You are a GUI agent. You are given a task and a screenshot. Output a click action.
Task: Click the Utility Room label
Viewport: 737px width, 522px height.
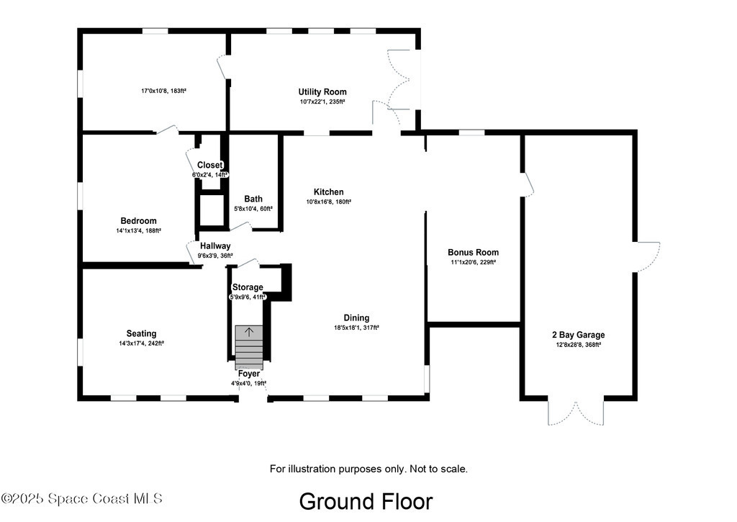click(322, 92)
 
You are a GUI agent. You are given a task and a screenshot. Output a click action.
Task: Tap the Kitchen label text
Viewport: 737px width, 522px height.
click(328, 192)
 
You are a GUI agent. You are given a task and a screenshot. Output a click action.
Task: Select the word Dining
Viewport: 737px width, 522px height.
click(356, 318)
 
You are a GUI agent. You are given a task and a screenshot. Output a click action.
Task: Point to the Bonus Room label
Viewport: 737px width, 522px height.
click(474, 253)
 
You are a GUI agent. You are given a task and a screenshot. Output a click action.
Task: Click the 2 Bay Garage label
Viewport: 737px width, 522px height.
click(578, 335)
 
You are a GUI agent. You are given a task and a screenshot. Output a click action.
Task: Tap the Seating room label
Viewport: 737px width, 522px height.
click(142, 334)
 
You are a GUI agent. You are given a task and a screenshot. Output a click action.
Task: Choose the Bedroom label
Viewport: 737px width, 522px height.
click(139, 221)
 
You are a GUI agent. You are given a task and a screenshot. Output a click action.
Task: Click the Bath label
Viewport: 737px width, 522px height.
click(253, 199)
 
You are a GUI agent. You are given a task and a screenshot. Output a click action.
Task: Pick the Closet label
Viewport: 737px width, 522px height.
click(209, 165)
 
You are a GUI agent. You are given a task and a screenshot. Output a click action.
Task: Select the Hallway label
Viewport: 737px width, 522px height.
click(215, 246)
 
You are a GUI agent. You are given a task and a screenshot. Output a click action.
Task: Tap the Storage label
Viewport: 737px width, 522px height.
click(248, 287)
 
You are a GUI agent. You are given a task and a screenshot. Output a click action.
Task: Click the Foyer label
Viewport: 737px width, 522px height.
click(248, 374)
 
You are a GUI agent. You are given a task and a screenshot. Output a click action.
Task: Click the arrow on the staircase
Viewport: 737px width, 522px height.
click(249, 332)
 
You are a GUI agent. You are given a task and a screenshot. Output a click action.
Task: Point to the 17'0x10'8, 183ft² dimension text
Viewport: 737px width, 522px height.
click(163, 91)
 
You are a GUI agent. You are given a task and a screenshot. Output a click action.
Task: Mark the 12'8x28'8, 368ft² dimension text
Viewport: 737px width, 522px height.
click(578, 345)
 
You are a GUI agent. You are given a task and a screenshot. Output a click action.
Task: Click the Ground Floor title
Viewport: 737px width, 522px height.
click(366, 501)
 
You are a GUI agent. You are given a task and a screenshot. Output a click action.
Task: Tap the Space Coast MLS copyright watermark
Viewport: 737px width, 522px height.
click(81, 498)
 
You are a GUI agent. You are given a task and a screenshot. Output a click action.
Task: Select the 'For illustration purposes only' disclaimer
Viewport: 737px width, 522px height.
click(368, 469)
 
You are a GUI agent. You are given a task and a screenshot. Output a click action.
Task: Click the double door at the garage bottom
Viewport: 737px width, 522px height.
click(576, 413)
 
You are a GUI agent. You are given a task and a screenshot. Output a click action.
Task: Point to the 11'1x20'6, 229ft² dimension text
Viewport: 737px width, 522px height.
click(474, 262)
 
